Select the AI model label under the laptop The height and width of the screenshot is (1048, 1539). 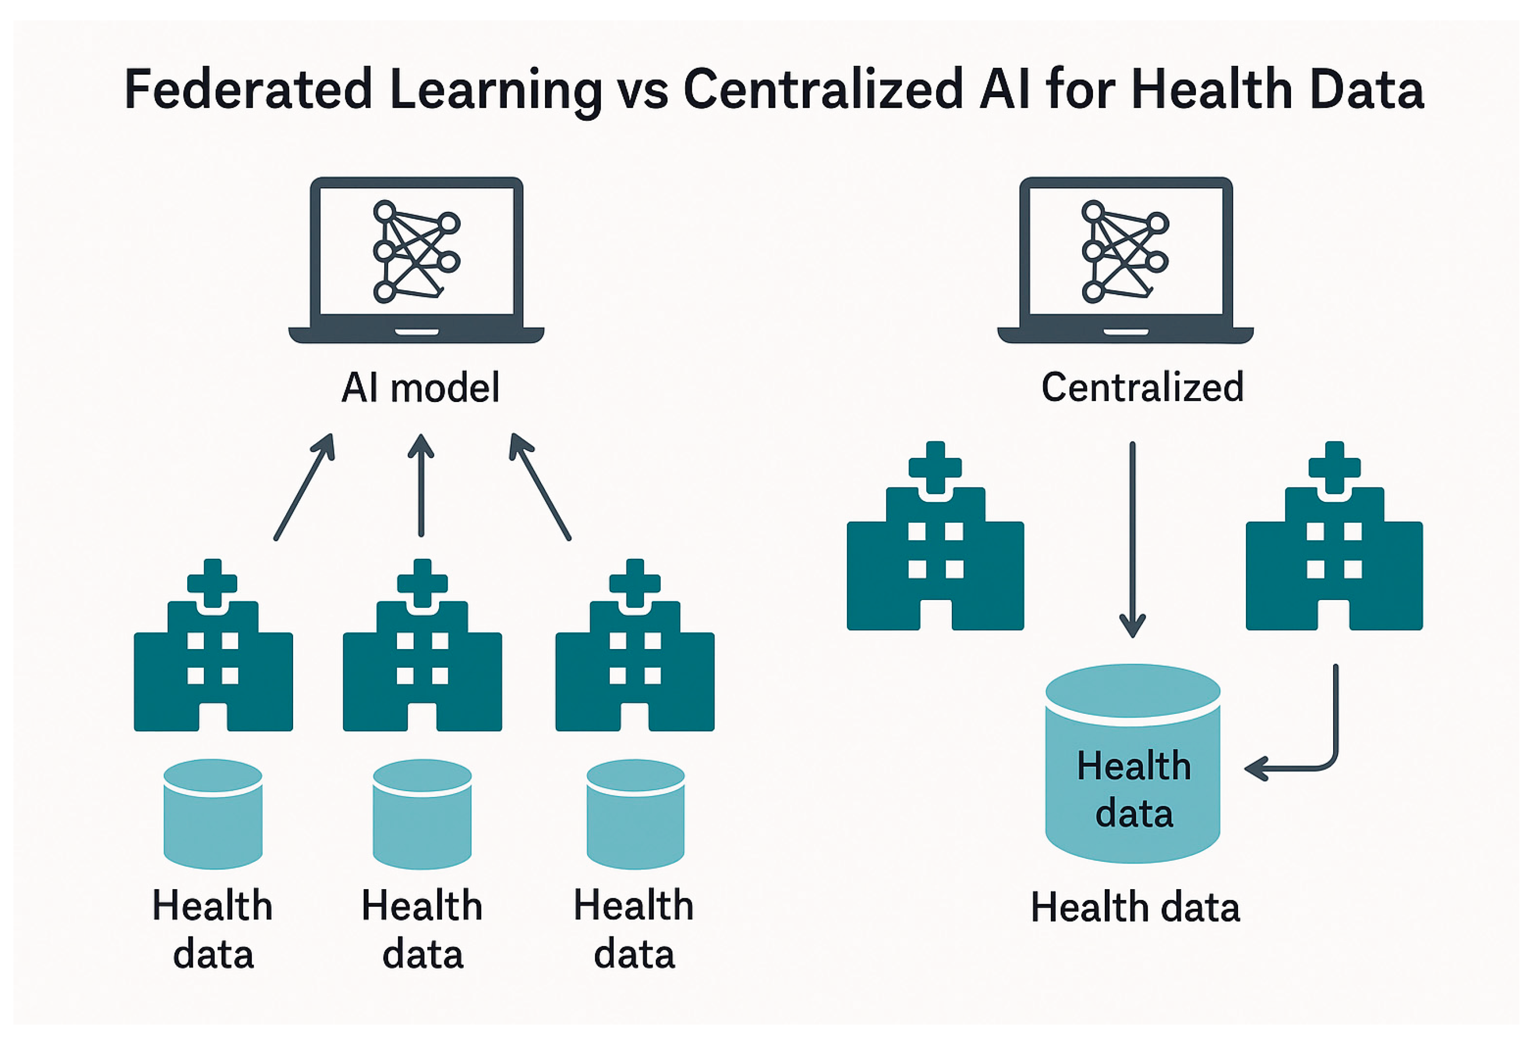point(420,388)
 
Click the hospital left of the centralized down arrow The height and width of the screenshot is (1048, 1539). point(935,543)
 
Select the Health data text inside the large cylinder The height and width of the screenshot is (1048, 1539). point(1134,789)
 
